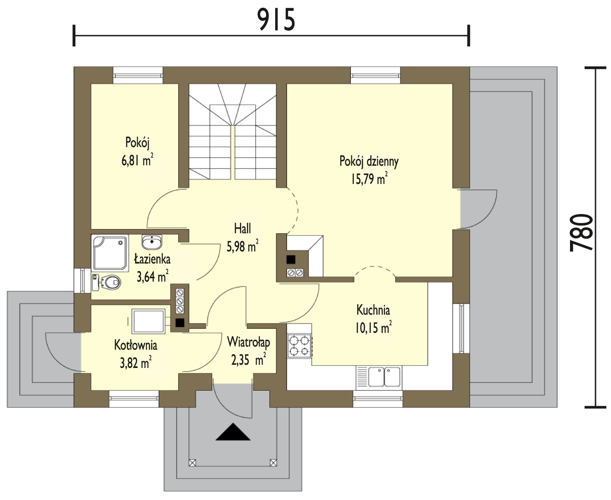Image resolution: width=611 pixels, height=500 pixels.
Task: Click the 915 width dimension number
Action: (276, 20)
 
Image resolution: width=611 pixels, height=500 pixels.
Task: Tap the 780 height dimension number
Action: (581, 233)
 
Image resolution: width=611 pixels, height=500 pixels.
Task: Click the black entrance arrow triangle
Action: (233, 432)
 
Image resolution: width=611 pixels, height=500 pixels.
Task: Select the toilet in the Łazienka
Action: (106, 282)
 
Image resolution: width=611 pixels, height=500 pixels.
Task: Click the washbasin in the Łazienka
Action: (152, 242)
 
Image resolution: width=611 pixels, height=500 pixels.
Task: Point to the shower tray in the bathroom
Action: (110, 253)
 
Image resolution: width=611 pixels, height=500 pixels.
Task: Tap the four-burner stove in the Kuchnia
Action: (299, 346)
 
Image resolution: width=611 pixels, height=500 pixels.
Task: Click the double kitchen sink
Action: (385, 377)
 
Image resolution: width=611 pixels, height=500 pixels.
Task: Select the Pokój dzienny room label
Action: (369, 162)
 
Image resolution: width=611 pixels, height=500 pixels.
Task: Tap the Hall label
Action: (242, 229)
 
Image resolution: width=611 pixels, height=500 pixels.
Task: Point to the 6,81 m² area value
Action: (137, 160)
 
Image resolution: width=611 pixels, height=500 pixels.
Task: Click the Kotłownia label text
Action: (136, 345)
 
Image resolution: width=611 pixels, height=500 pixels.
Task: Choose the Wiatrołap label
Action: (249, 342)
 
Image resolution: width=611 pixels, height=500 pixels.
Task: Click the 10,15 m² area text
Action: (374, 328)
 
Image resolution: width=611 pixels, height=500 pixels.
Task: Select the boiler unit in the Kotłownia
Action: (149, 321)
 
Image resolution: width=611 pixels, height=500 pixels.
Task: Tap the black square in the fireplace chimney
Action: (291, 260)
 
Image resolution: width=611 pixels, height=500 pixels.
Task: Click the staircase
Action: (232, 132)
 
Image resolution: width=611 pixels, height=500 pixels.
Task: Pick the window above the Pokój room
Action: (138, 75)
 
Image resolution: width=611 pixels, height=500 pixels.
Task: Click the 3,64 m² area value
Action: (152, 276)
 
